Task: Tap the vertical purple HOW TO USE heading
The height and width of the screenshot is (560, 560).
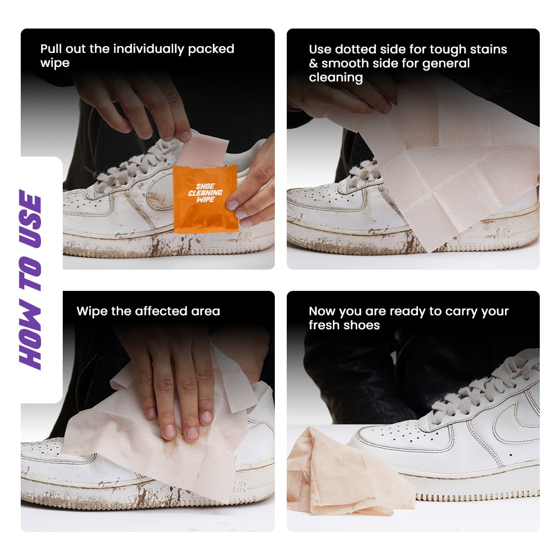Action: pyautogui.click(x=31, y=280)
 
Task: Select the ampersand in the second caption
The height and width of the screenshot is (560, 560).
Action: pyautogui.click(x=313, y=64)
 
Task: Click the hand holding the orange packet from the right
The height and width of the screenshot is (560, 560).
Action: pyautogui.click(x=254, y=187)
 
